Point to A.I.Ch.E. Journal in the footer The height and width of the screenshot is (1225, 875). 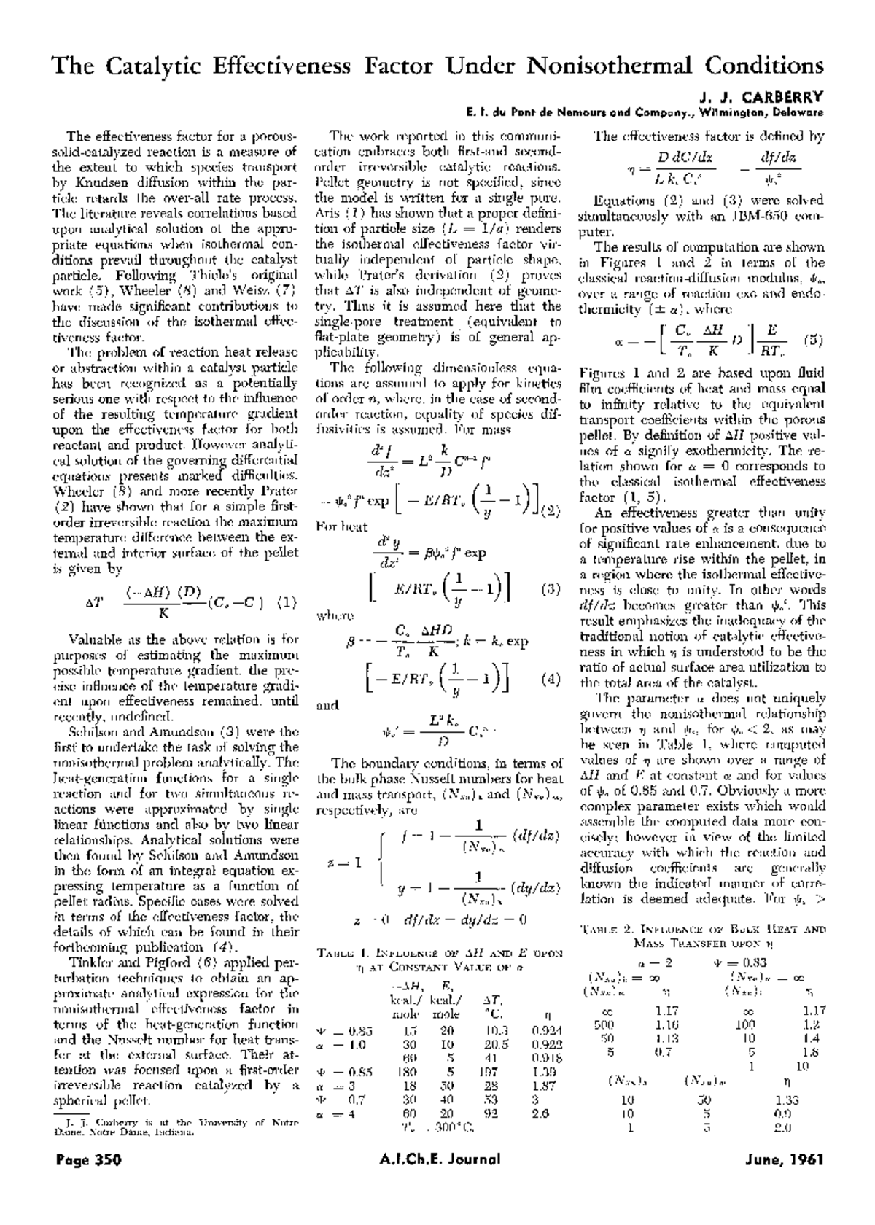[440, 1179]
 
